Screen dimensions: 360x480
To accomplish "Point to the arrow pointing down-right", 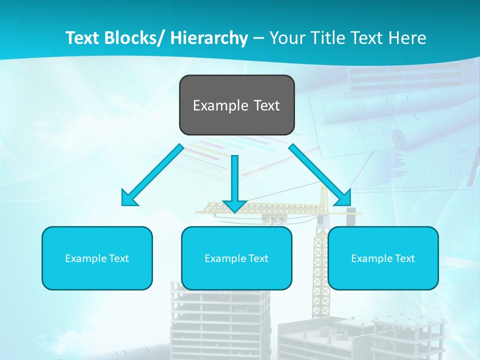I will [317, 172].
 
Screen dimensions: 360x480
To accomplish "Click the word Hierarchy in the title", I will [209, 38].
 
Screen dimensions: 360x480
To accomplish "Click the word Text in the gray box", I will [265, 105].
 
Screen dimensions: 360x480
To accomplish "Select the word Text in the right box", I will [405, 258].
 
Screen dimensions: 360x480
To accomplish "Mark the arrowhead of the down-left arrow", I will [129, 198].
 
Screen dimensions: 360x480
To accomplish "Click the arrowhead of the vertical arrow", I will [234, 205].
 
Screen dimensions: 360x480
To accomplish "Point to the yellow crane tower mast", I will [318, 270].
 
